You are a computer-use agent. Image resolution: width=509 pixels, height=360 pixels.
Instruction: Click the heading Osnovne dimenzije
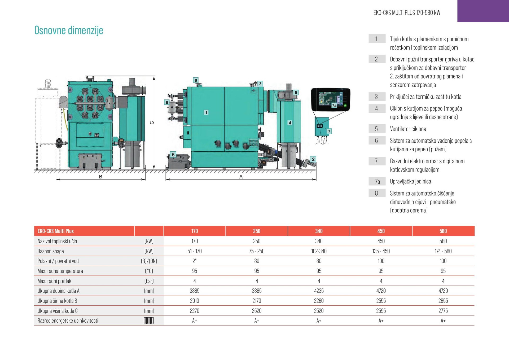tap(69, 30)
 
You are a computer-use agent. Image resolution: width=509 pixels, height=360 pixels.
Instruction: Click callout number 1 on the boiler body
tap(206, 112)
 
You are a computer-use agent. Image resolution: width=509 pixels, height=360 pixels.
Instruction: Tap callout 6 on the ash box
tap(173, 155)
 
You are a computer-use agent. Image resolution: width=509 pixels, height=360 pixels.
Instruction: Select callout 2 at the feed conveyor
tap(313, 159)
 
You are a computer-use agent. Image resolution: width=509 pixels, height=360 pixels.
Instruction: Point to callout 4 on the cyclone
tap(290, 123)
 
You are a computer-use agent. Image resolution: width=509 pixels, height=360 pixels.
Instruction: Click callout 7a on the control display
tap(334, 105)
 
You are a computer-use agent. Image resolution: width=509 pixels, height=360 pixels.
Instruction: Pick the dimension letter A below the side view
tap(241, 177)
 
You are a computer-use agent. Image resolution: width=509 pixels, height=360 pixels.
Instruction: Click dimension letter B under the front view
tap(100, 177)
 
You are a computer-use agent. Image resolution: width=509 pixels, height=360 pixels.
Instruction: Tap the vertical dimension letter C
tap(152, 122)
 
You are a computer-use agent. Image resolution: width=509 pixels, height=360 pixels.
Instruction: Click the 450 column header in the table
tap(381, 231)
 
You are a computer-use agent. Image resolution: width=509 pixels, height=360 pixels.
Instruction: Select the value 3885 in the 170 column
tap(194, 291)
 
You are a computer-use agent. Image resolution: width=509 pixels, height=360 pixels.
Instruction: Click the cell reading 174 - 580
tap(443, 251)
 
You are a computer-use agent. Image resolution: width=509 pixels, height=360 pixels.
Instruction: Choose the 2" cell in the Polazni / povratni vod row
tap(194, 261)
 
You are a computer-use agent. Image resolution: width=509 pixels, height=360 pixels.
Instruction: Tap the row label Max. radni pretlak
tap(54, 281)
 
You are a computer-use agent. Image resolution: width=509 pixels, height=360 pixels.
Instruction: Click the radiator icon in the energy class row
tap(149, 321)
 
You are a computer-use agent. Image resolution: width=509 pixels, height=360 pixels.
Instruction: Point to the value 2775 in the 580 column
tap(443, 311)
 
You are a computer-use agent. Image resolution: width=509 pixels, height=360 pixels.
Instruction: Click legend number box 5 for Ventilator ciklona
tap(377, 129)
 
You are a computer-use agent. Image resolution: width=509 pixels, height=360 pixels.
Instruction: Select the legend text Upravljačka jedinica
tap(410, 181)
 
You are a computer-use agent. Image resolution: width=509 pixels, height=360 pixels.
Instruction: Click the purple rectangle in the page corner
tap(483, 11)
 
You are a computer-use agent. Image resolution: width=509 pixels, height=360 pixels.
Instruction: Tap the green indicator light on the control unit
tap(345, 105)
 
